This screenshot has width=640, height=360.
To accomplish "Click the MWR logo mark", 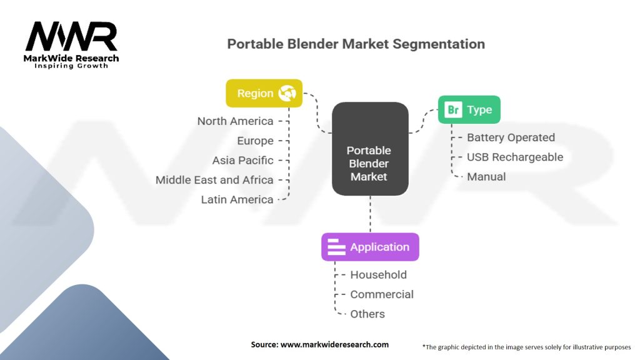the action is pos(71,36).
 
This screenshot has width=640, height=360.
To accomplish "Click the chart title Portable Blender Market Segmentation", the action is pos(356,44).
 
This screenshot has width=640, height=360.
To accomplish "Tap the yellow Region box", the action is pos(264,94).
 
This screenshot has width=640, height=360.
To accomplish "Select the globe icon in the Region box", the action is pos(287,93).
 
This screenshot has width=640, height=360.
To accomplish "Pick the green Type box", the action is pos(469,110).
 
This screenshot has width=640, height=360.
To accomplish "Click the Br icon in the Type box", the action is pos(453,110).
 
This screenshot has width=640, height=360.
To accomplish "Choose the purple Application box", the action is pos(370,247).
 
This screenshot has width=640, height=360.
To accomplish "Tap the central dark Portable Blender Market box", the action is pos(370,149).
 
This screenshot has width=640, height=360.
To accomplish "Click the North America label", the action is pos(235,121).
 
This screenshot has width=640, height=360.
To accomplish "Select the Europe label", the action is pos(255,141).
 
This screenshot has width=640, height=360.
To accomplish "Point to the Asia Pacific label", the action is pos(242,161).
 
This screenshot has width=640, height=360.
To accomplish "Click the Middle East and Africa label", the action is pos(214,180).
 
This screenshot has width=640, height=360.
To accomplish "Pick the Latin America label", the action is pos(237,199).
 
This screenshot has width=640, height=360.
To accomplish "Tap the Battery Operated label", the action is pos(511,137).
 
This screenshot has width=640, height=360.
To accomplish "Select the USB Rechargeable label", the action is pos(515,157).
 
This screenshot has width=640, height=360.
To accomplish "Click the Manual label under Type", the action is pos(486,177).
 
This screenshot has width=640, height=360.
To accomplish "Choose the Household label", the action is pos(378,275).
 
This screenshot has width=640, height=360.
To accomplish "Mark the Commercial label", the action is pos(382,294).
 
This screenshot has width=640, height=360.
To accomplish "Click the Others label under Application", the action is pos(367,314).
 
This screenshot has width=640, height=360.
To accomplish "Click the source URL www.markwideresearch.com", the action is pos(335,344).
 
